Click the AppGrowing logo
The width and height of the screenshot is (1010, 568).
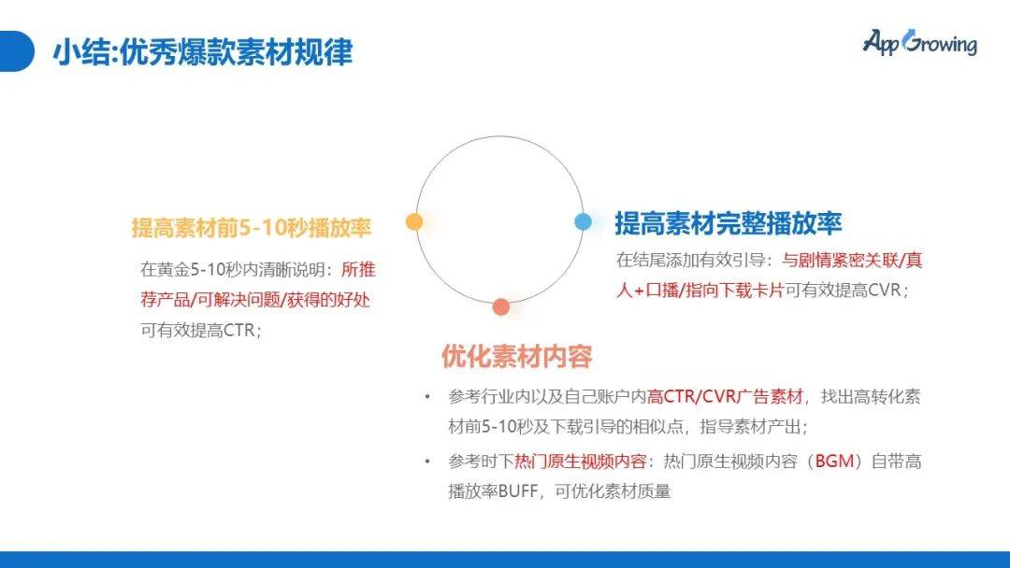click(919, 43)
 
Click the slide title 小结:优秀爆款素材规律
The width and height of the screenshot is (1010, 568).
click(202, 52)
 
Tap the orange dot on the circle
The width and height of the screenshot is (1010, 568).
click(414, 221)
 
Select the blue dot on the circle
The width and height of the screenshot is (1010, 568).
click(583, 221)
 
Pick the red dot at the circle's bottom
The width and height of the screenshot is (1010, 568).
click(501, 306)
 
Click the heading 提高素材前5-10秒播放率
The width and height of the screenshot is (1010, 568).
click(252, 228)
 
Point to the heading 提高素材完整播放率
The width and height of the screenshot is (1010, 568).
click(728, 223)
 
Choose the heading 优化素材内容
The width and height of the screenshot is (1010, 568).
click(516, 356)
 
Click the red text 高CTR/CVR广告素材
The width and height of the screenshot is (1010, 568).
click(725, 396)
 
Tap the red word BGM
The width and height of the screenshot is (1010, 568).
click(835, 461)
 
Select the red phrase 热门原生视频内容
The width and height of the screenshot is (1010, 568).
click(586, 461)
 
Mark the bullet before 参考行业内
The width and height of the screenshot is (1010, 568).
click(427, 396)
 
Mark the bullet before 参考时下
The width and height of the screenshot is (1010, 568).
click(427, 461)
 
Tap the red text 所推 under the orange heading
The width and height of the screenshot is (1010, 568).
click(358, 270)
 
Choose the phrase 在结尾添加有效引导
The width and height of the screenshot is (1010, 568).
click(690, 260)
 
